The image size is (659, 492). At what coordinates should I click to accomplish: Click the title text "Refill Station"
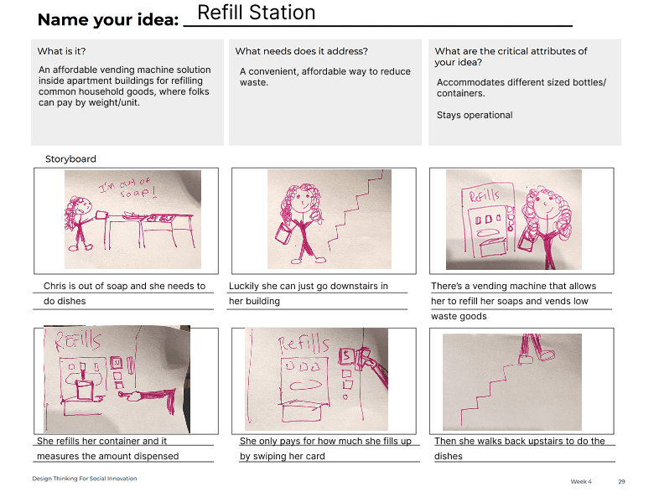pyautogui.click(x=256, y=13)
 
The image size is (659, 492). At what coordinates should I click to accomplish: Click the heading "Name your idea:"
pyautogui.click(x=108, y=20)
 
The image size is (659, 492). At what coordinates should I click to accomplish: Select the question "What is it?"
pyautogui.click(x=61, y=51)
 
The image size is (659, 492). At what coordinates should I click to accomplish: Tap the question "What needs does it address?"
pyautogui.click(x=301, y=51)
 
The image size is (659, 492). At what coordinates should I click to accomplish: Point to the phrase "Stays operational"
pyautogui.click(x=475, y=115)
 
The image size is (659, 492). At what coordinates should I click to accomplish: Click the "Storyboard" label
pyautogui.click(x=70, y=158)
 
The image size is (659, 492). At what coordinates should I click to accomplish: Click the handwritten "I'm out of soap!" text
pyautogui.click(x=126, y=188)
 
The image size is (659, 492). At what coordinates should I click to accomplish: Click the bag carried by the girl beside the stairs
pyautogui.click(x=283, y=233)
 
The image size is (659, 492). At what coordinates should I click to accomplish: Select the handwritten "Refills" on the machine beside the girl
pyautogui.click(x=484, y=195)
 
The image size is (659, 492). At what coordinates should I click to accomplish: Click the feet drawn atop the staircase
pyautogui.click(x=536, y=355)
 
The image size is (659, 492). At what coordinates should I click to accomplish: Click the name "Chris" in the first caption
pyautogui.click(x=55, y=286)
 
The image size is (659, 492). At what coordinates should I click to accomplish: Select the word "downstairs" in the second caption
pyautogui.click(x=354, y=286)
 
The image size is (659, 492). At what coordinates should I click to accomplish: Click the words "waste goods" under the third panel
pyautogui.click(x=459, y=316)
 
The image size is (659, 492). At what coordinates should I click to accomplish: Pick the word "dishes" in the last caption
pyautogui.click(x=449, y=456)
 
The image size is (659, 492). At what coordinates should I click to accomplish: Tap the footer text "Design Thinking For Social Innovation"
pyautogui.click(x=85, y=479)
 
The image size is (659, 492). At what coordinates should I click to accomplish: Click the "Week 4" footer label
pyautogui.click(x=581, y=481)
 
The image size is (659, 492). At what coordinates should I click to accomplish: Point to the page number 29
pyautogui.click(x=621, y=481)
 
